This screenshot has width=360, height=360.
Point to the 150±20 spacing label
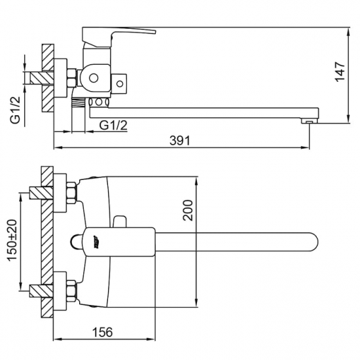tap(11, 241)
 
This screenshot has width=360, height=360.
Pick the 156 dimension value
tap(103, 332)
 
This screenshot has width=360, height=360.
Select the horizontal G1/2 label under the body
tap(113, 124)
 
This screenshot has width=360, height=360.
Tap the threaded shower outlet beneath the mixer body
tap(79, 101)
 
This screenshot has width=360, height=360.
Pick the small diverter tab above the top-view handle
tap(119, 221)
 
